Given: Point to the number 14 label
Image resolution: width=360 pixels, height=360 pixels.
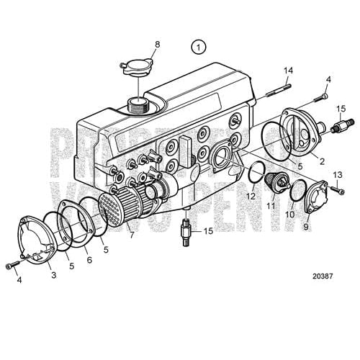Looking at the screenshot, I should [x=289, y=70].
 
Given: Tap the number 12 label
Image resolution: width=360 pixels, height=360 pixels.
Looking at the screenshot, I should [x=250, y=195].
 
